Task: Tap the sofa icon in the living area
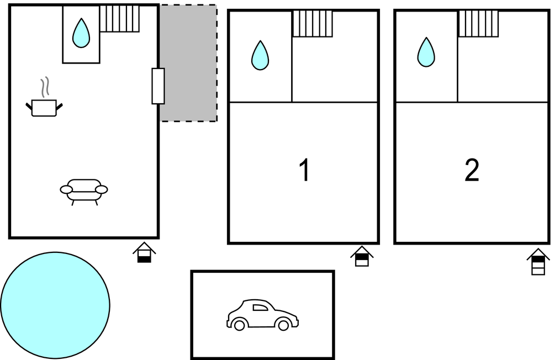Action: click(84, 192)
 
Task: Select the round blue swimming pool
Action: click(55, 305)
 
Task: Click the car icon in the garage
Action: click(262, 315)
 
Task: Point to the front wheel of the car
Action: click(283, 325)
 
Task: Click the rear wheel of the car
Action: click(239, 325)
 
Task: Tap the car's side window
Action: click(260, 307)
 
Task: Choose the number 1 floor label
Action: click(305, 170)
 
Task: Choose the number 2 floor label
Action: click(472, 170)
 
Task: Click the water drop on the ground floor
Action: click(81, 33)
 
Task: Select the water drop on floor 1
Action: click(260, 55)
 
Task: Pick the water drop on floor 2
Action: click(426, 52)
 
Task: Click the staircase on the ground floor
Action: click(120, 18)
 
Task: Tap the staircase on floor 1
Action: click(313, 24)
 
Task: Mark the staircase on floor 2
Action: click(479, 24)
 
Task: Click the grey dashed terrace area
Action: click(189, 63)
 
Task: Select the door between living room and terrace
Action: click(158, 86)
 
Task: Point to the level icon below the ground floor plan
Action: click(144, 252)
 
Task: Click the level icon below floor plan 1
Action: click(362, 256)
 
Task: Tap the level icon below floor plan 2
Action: click(538, 261)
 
